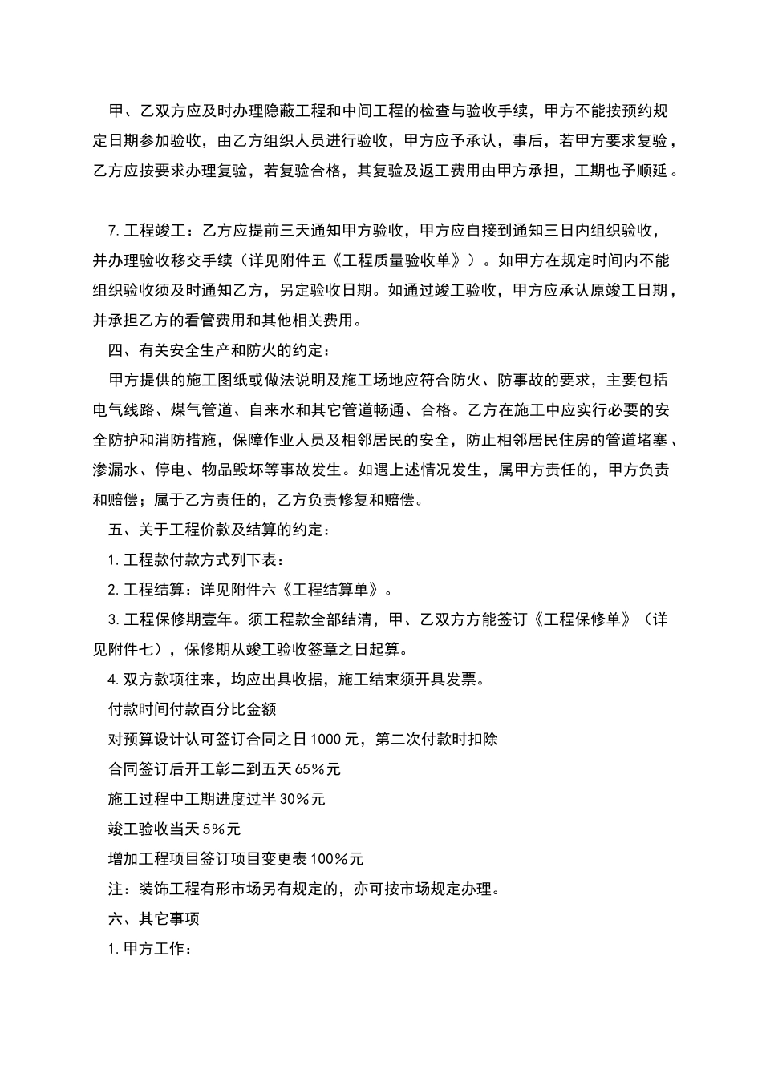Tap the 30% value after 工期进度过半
[293, 799]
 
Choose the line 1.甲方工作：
[149, 950]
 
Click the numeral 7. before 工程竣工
[113, 231]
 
